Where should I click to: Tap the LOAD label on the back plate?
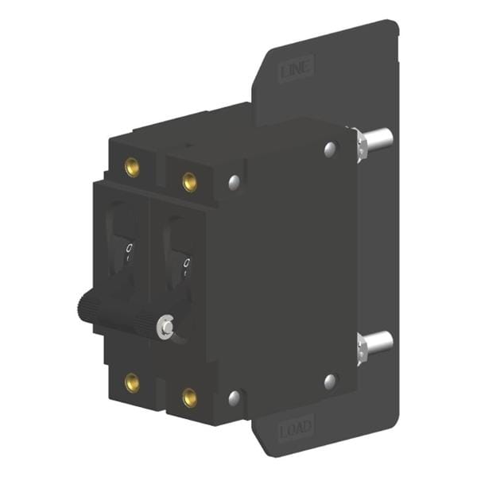tap(296, 432)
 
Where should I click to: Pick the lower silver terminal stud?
tap(378, 343)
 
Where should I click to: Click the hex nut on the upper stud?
tap(359, 143)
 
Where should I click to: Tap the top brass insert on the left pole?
tap(132, 167)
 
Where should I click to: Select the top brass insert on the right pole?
tap(189, 182)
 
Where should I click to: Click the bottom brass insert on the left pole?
tap(132, 382)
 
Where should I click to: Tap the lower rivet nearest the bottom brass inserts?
tap(234, 397)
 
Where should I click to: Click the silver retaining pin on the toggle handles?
tap(165, 325)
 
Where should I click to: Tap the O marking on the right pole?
tap(186, 263)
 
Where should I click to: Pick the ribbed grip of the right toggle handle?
tap(147, 323)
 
